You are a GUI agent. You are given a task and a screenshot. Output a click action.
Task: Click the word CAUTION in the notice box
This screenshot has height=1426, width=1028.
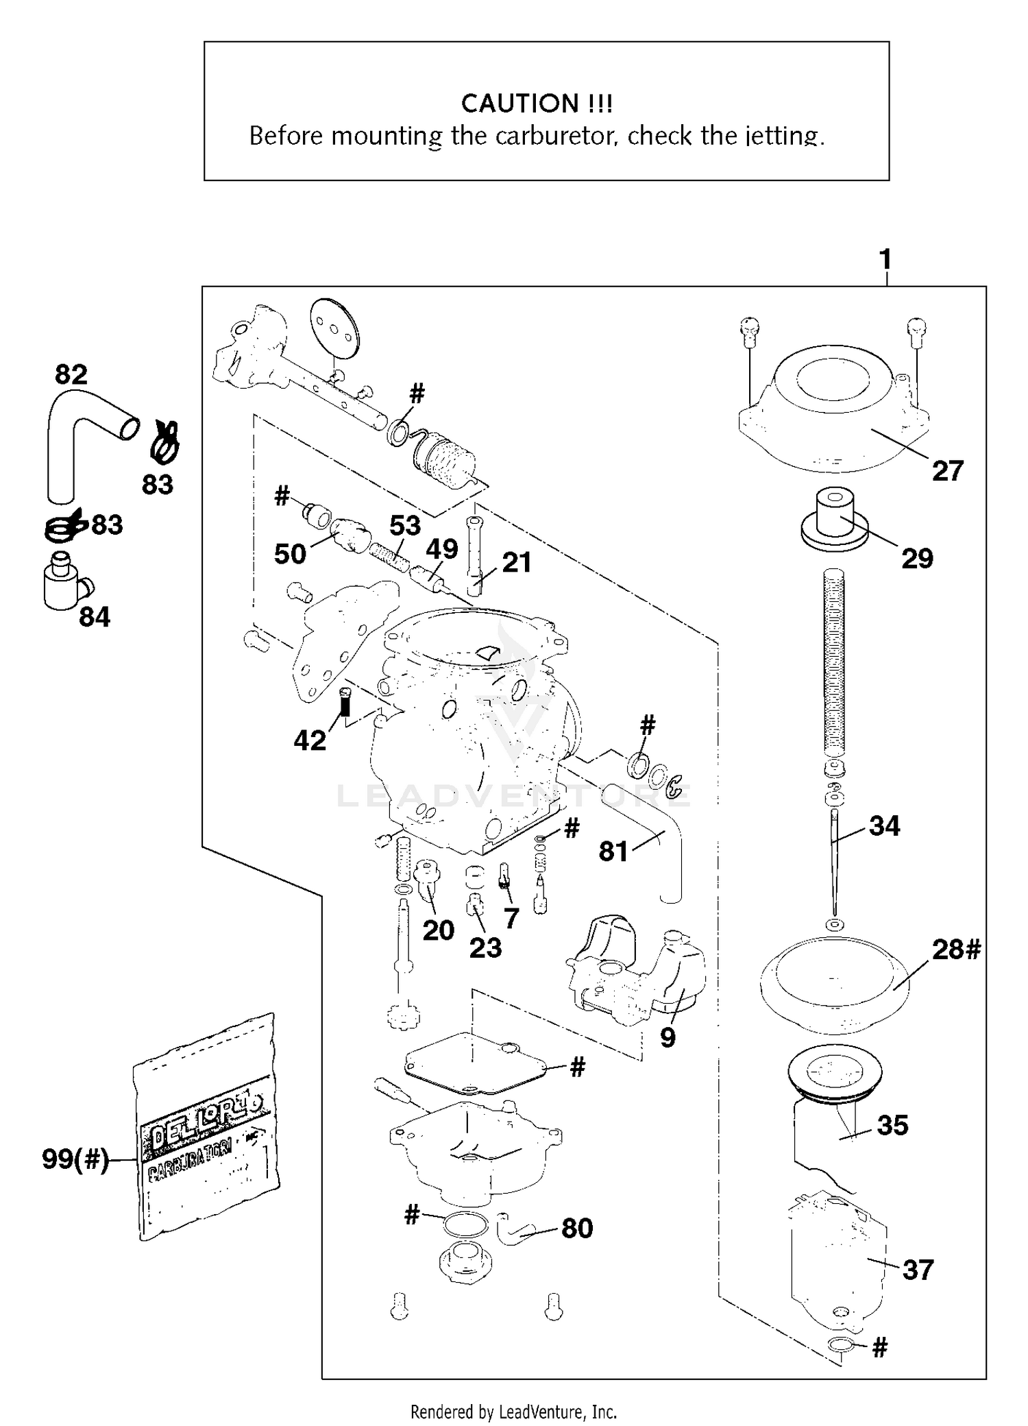[511, 104]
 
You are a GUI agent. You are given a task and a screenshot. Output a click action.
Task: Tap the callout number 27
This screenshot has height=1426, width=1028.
[947, 471]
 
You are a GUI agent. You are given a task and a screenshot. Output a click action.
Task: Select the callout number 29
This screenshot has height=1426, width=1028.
[917, 559]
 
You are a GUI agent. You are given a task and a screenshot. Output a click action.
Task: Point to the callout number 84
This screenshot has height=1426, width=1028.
[94, 617]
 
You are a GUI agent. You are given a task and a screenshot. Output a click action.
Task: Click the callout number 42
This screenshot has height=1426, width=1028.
[310, 740]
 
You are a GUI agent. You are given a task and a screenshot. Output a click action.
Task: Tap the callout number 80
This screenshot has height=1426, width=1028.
[576, 1228]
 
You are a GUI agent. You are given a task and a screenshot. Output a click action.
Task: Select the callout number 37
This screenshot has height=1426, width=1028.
[918, 1270]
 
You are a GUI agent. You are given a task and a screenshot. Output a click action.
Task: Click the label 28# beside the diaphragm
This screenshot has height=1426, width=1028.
[956, 950]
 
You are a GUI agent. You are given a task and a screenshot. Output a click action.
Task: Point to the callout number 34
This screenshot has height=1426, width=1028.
[884, 825]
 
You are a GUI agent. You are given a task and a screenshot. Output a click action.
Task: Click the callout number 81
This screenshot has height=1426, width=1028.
[613, 851]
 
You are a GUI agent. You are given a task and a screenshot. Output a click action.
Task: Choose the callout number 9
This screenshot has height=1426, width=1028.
[668, 1037]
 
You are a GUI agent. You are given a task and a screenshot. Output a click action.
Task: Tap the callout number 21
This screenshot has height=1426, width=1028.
[517, 562]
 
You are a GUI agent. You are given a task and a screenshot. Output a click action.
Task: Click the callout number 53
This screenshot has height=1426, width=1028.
[404, 526]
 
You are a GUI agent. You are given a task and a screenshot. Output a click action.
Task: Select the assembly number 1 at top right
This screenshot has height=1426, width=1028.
[885, 260]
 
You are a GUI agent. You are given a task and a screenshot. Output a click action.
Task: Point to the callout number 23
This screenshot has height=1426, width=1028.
[485, 947]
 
